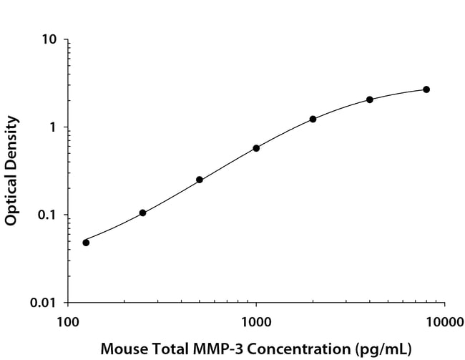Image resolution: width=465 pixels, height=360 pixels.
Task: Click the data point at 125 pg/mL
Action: pos(86,243)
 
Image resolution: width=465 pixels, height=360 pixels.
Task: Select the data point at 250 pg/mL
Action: pos(143,213)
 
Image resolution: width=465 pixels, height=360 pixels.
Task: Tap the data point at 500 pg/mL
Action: pos(200,180)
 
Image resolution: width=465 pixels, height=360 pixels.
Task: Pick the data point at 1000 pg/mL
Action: pos(256,148)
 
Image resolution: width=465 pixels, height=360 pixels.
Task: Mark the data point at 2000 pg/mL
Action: pos(313,119)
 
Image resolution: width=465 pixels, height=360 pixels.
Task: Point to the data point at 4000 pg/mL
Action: pos(370,99)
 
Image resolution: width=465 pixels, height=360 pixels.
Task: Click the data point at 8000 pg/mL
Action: pos(426,89)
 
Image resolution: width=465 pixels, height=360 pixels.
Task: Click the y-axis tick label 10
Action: pos(50,39)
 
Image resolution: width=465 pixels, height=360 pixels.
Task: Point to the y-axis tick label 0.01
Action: pos(45,303)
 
